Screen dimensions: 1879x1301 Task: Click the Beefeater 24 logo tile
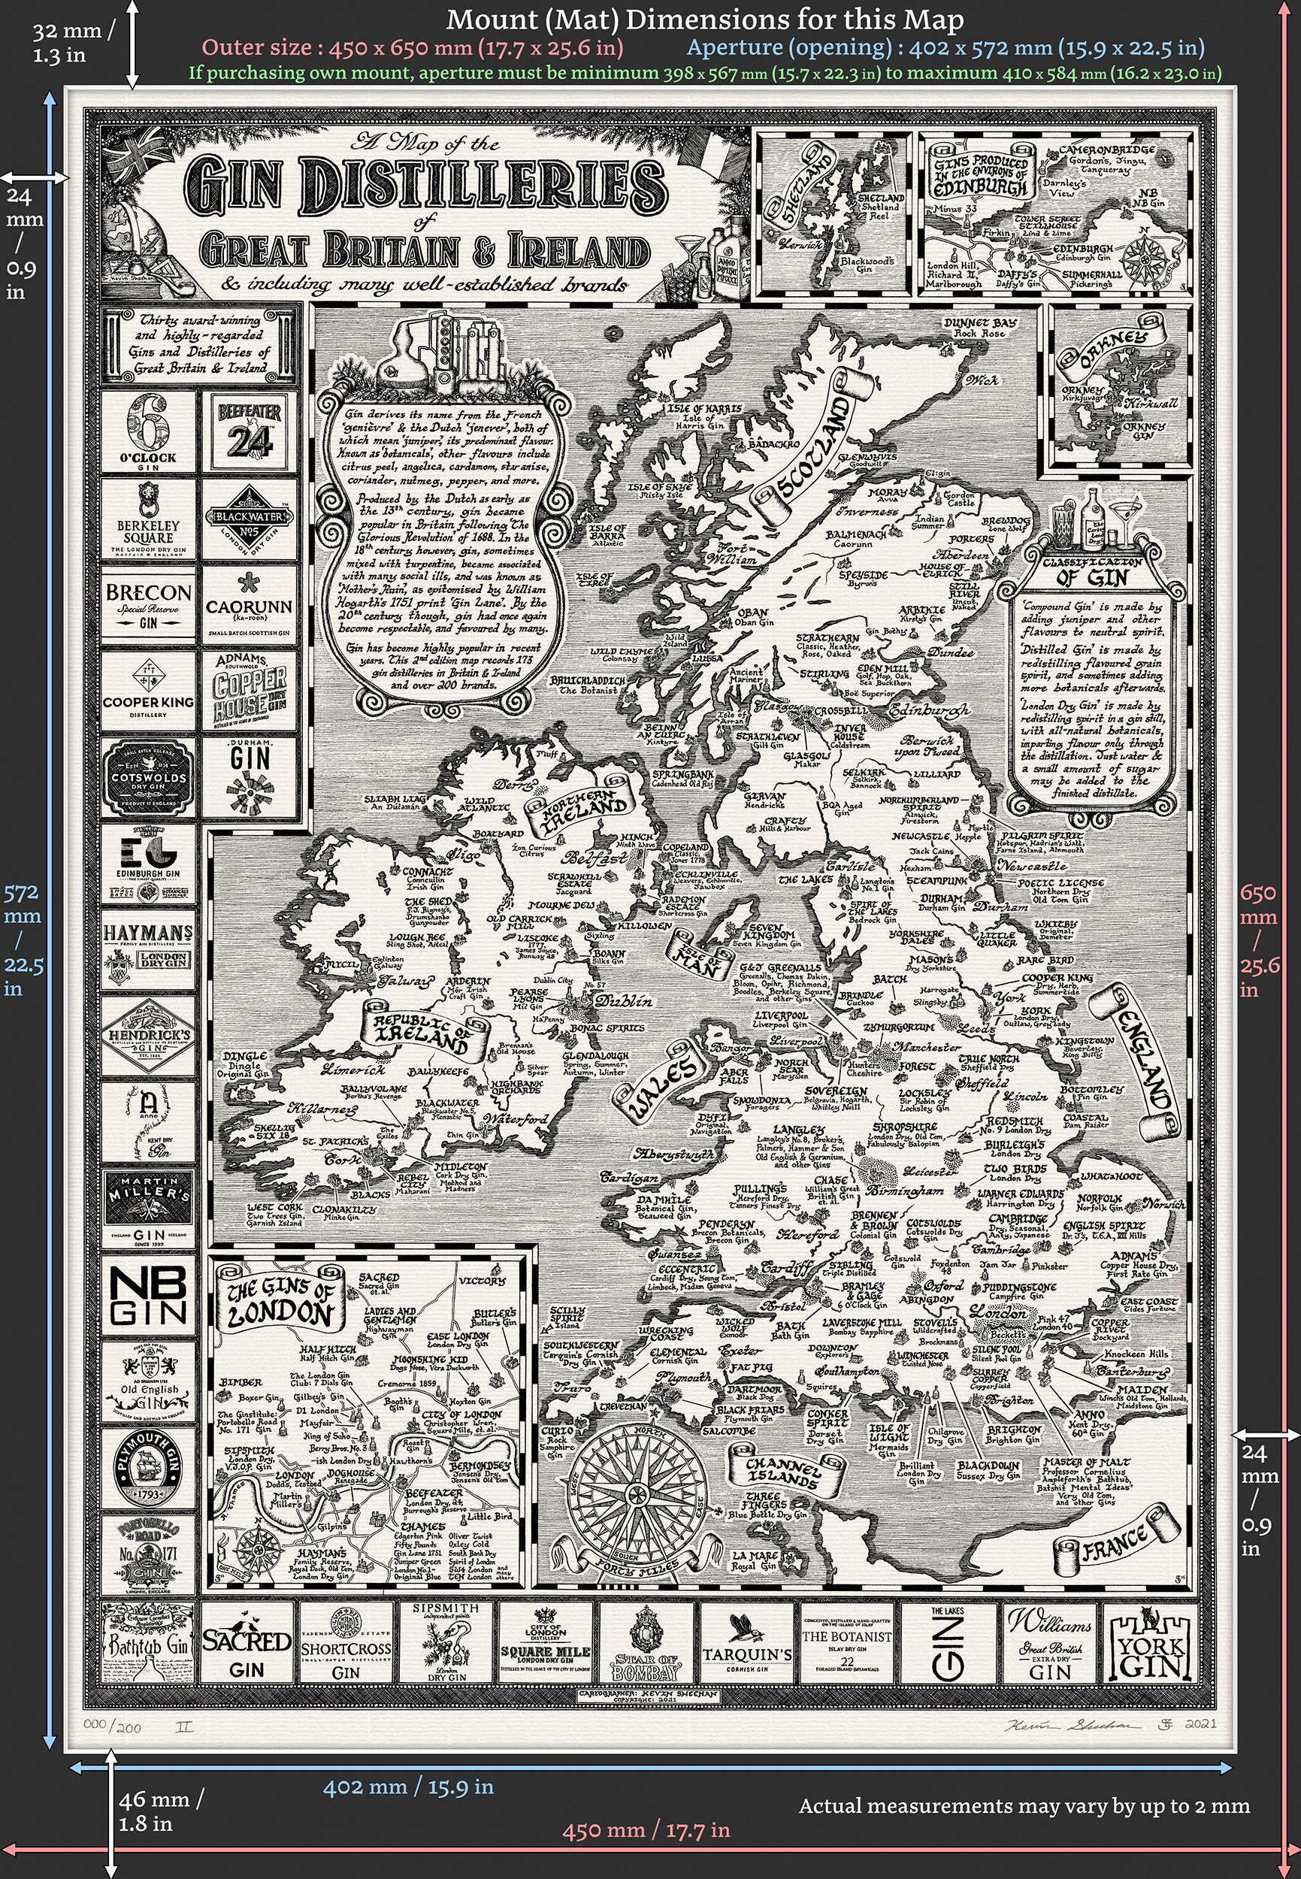(x=250, y=432)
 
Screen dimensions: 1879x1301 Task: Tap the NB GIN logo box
(x=148, y=1295)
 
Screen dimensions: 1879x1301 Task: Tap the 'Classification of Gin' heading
(x=1092, y=571)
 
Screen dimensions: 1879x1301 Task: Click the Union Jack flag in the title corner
(x=147, y=152)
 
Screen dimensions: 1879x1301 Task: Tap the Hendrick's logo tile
(x=148, y=1039)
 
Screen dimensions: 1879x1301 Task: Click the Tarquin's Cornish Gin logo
(x=746, y=1648)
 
